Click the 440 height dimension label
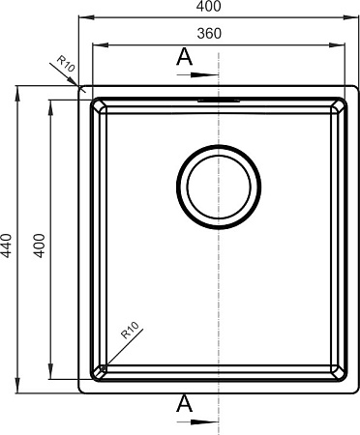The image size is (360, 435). tap(7, 246)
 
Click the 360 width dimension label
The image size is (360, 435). tap(209, 34)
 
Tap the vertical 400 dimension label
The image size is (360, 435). tap(40, 246)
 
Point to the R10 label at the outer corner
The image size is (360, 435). tap(66, 64)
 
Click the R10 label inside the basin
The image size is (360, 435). tap(130, 330)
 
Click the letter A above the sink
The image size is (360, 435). tap(184, 56)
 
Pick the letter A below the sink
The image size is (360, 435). tap(184, 403)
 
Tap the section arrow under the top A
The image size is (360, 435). tap(197, 74)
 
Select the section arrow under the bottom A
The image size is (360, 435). tap(197, 421)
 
